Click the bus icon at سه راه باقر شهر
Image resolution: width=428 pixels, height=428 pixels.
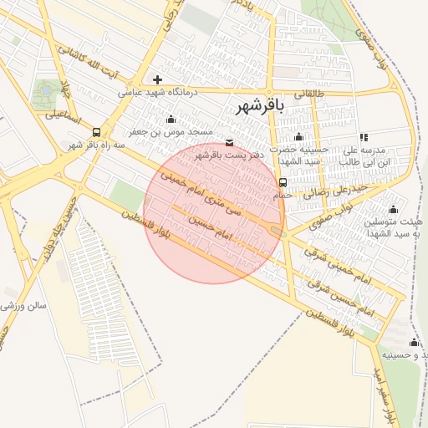click(x=97, y=132)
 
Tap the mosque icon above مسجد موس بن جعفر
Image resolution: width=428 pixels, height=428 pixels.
click(x=171, y=119)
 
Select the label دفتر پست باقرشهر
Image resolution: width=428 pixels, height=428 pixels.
click(x=230, y=155)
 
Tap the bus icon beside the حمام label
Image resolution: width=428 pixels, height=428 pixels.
click(x=283, y=182)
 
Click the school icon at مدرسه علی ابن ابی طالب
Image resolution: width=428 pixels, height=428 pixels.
click(x=364, y=137)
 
